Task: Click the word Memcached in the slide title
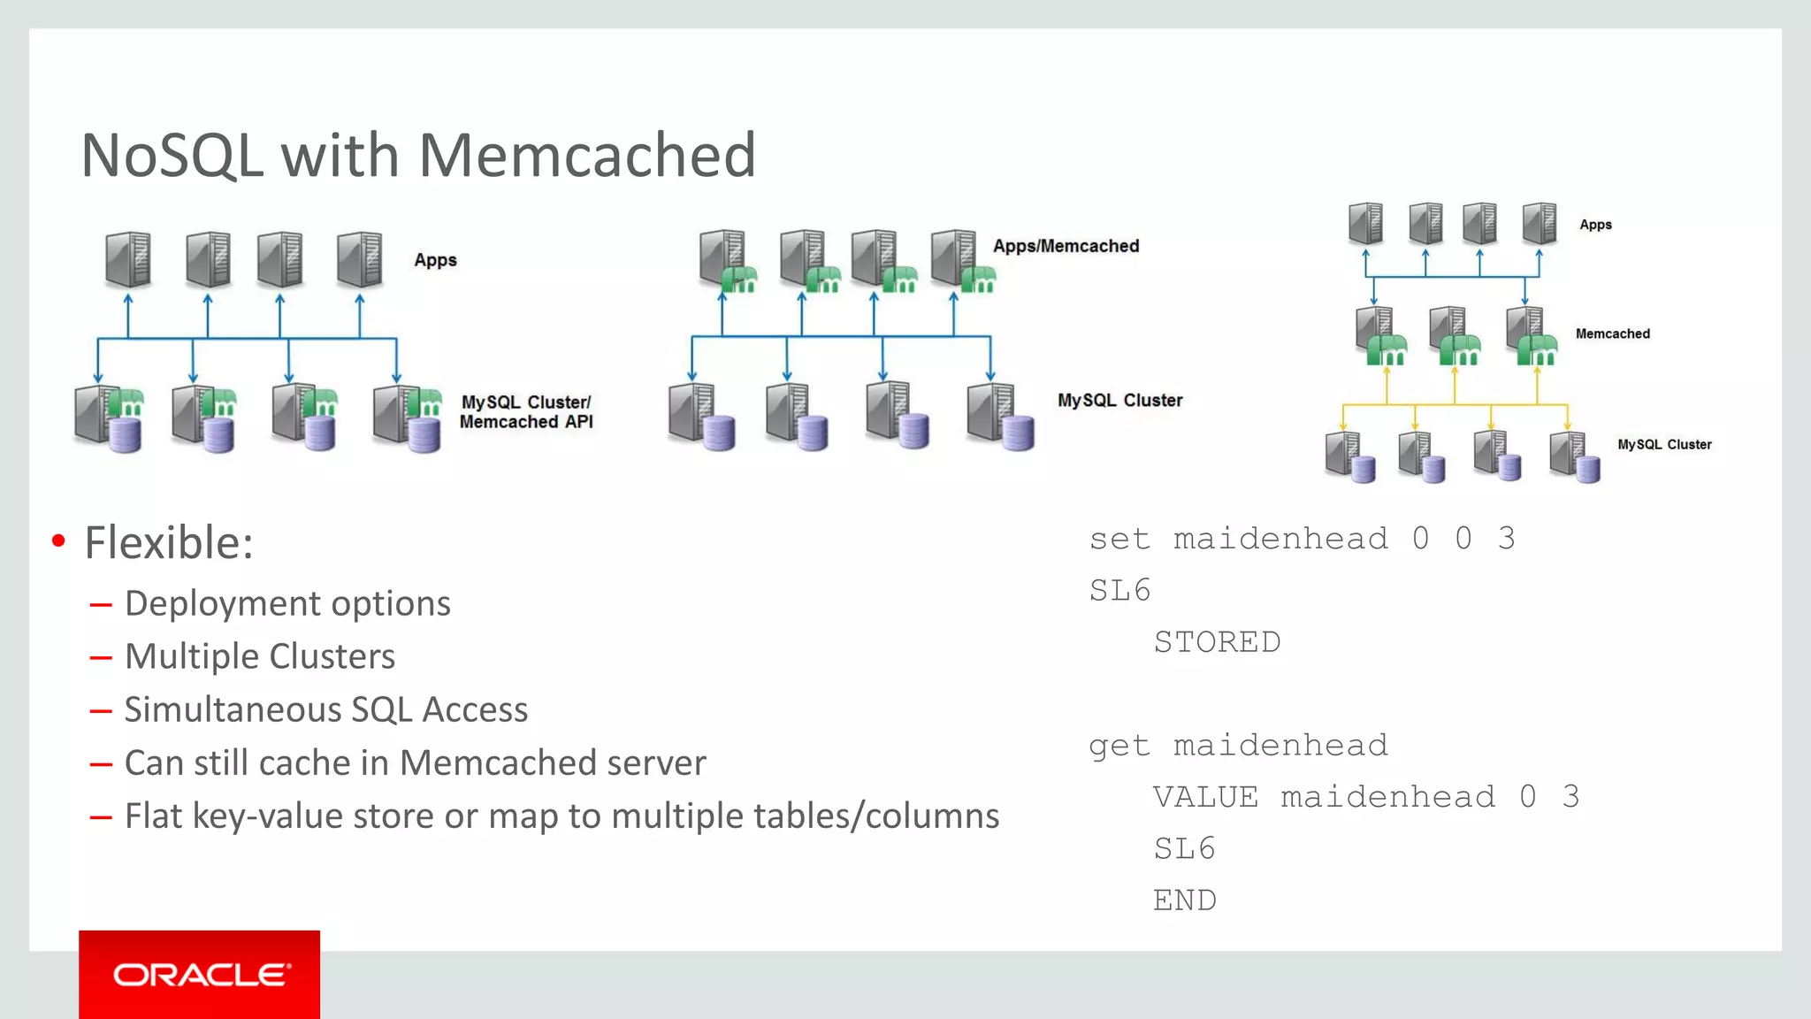coord(586,156)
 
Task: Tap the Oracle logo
coord(200,975)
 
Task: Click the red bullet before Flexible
coord(58,541)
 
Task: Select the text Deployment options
coord(287,603)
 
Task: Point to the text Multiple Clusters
coord(260,656)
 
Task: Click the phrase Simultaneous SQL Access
coord(325,709)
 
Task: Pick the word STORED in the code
coord(1217,642)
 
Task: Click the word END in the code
coord(1184,900)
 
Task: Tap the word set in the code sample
coord(1119,539)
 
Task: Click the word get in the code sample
coord(1119,746)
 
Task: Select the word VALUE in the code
coord(1205,797)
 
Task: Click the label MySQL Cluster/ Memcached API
coord(526,412)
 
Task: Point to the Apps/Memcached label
coord(1066,246)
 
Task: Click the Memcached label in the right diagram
coord(1612,333)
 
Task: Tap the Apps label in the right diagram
coord(1595,225)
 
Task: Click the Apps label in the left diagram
coord(435,260)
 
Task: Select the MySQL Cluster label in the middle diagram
coord(1119,401)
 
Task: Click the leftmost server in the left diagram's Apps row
coord(128,259)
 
